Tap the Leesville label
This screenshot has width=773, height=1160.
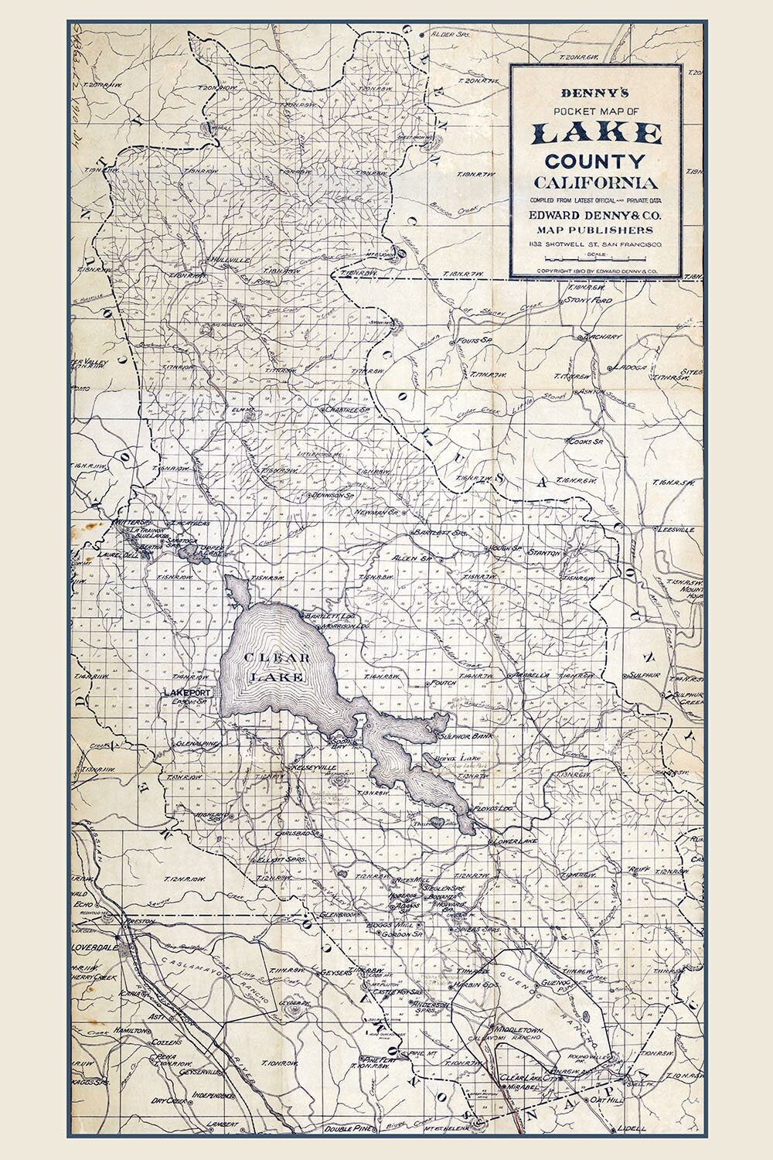pyautogui.click(x=674, y=530)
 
